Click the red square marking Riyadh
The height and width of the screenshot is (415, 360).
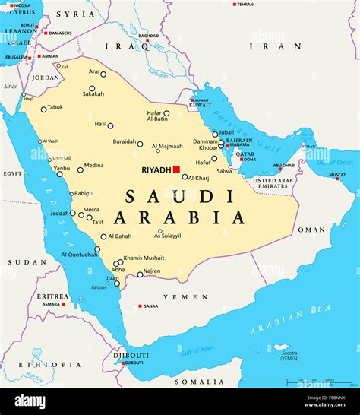pyautogui.click(x=176, y=169)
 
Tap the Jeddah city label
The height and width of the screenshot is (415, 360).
pyautogui.click(x=58, y=213)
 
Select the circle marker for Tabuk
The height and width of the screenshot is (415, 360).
pyautogui.click(x=43, y=109)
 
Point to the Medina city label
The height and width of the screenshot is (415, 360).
pyautogui.click(x=93, y=165)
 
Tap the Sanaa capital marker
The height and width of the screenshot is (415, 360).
pyautogui.click(x=140, y=306)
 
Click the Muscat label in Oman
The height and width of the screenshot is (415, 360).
pyautogui.click(x=337, y=177)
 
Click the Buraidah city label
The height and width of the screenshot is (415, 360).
pyautogui.click(x=124, y=142)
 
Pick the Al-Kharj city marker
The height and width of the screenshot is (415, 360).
pyautogui.click(x=185, y=177)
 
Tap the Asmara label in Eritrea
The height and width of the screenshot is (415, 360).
pyautogui.click(x=52, y=304)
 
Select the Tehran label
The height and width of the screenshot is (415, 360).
pyautogui.click(x=245, y=4)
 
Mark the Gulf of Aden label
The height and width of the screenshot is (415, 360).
pyautogui.click(x=197, y=350)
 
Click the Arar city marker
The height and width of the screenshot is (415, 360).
pyautogui.click(x=103, y=74)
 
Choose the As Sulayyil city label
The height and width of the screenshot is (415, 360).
pyautogui.click(x=169, y=236)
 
